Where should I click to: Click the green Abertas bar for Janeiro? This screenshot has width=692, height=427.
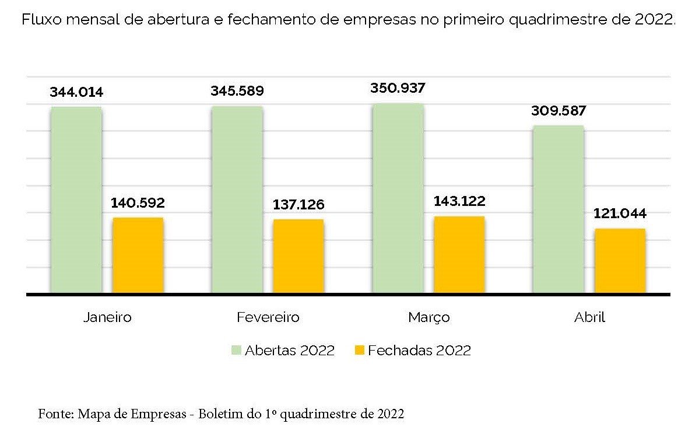pyautogui.click(x=76, y=199)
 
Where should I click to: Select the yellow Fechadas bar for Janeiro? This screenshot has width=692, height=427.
pyautogui.click(x=138, y=255)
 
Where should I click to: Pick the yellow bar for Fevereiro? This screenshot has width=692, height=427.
pyautogui.click(x=298, y=256)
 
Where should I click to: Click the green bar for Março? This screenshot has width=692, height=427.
pyautogui.click(x=398, y=198)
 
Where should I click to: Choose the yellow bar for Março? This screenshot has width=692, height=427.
pyautogui.click(x=459, y=254)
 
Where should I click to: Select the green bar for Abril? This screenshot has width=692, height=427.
pyautogui.click(x=558, y=209)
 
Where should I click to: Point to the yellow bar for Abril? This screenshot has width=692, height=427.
pyautogui.click(x=620, y=261)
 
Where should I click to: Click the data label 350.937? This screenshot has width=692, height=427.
pyautogui.click(x=398, y=89)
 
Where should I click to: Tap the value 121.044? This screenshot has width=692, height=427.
pyautogui.click(x=620, y=213)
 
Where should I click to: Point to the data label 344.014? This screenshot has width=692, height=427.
pyautogui.click(x=76, y=92)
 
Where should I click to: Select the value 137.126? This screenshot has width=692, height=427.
pyautogui.click(x=298, y=205)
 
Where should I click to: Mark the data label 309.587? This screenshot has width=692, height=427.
pyautogui.click(x=558, y=111)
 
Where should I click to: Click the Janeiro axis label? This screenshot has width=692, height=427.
pyautogui.click(x=107, y=317)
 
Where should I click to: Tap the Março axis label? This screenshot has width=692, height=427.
pyautogui.click(x=428, y=317)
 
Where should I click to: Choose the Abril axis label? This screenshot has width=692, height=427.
pyautogui.click(x=589, y=317)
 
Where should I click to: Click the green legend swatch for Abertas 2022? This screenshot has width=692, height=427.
pyautogui.click(x=236, y=351)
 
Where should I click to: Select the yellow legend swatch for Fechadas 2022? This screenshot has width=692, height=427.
pyautogui.click(x=359, y=351)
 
